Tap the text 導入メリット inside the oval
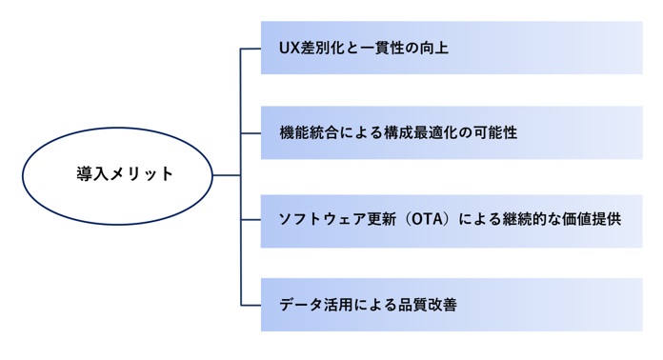pos(124,173)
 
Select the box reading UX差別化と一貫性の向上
pos(452,48)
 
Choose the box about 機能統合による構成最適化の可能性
pos(452,132)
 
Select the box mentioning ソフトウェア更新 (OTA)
pos(452,221)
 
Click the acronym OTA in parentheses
pos(427,219)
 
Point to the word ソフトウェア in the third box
pos(316,219)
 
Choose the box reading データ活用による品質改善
pos(452,305)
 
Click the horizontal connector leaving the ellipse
pos(227,175)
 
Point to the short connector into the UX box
pos(251,49)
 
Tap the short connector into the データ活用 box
pos(251,305)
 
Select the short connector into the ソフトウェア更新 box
pos(251,220)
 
